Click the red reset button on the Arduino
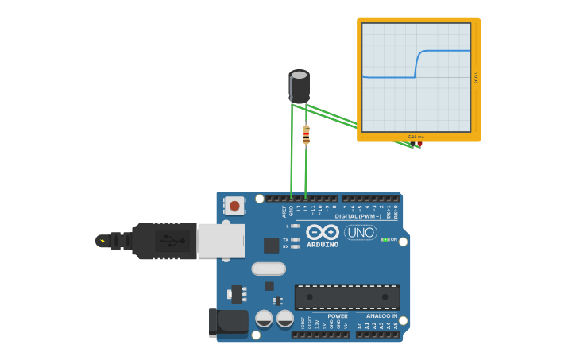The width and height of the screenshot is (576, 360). click(x=234, y=206)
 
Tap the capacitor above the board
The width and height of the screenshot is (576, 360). click(x=299, y=86)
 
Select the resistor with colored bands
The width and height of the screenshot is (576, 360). click(x=306, y=135)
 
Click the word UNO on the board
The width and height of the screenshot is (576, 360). click(x=361, y=232)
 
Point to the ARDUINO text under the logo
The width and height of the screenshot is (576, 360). click(x=323, y=245)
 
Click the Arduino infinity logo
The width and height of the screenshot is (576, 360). click(x=323, y=232)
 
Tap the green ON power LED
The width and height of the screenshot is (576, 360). click(x=384, y=239)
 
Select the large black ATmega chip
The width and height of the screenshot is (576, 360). click(x=347, y=296)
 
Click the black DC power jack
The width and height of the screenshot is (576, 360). click(x=229, y=322)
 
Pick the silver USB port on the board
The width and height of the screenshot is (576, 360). click(x=221, y=240)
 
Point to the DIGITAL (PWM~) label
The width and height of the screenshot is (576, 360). click(x=358, y=216)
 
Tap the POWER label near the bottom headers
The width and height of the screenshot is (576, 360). click(x=337, y=316)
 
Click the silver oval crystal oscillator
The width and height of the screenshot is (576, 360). click(x=269, y=269)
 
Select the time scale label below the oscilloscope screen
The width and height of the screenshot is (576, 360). click(x=416, y=137)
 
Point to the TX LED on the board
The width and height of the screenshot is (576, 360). click(x=295, y=239)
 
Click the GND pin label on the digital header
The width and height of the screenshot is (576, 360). click(x=292, y=211)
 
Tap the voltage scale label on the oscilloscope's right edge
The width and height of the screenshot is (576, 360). click(x=476, y=78)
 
